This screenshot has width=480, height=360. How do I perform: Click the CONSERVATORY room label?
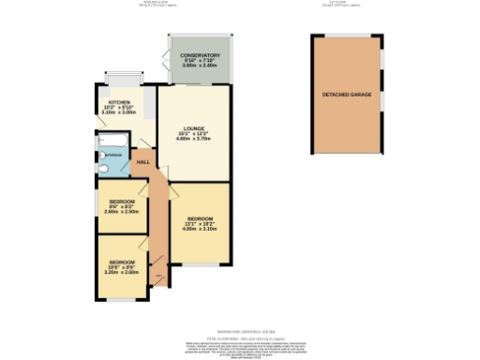(200, 56)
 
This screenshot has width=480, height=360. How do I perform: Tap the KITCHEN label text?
(119, 101)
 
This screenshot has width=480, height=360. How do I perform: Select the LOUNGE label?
(194, 128)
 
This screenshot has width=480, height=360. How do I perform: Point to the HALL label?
(143, 162)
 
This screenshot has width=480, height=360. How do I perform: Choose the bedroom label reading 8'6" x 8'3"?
(123, 202)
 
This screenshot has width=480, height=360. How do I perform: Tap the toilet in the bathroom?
(105, 169)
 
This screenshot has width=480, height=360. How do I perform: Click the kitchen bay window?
(120, 76)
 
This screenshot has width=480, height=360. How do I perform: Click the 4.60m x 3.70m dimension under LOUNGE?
(194, 140)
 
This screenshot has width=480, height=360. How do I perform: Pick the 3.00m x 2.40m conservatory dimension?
(200, 67)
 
